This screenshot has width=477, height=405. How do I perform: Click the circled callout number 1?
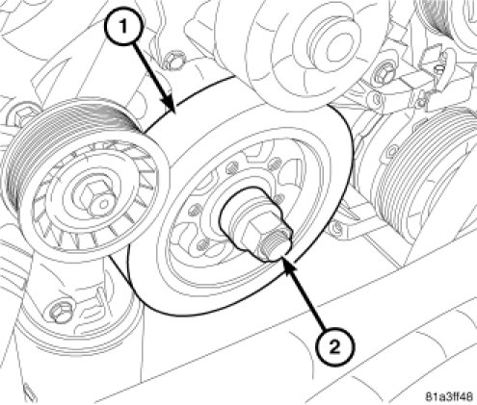pyautogui.click(x=123, y=27)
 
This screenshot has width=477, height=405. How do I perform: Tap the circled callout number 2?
pyautogui.click(x=334, y=346)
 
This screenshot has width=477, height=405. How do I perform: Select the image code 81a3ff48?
pyautogui.click(x=449, y=396)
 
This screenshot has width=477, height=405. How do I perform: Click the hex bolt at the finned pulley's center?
pyautogui.click(x=95, y=199)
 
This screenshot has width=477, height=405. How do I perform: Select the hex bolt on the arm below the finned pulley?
pyautogui.click(x=60, y=310)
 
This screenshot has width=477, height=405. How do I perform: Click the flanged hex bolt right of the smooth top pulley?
pyautogui.click(x=384, y=75)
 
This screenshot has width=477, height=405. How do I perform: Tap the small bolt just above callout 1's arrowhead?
pyautogui.click(x=172, y=61)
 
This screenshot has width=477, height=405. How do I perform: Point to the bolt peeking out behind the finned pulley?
pyautogui.click(x=24, y=114)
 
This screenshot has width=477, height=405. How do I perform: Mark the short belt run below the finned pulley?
pyautogui.click(x=120, y=270)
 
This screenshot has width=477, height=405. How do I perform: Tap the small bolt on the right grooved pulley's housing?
pyautogui.click(x=393, y=152)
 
